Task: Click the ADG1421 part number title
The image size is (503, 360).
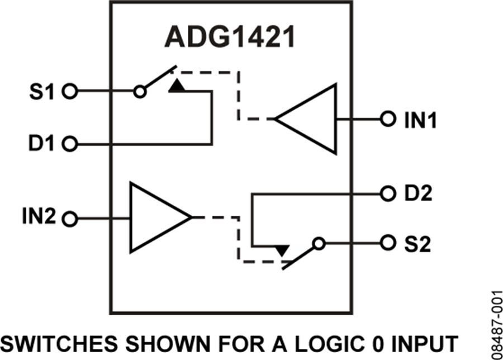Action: [x=229, y=39]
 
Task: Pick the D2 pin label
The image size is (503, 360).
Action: [x=418, y=194]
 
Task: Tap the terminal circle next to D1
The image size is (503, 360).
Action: [x=69, y=145]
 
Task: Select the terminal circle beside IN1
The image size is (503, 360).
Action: [x=386, y=119]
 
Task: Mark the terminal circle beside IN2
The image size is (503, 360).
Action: [x=69, y=219]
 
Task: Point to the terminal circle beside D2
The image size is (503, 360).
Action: [x=386, y=194]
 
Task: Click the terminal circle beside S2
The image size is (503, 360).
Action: [x=386, y=244]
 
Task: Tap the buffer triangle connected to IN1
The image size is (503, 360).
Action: [x=308, y=119]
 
